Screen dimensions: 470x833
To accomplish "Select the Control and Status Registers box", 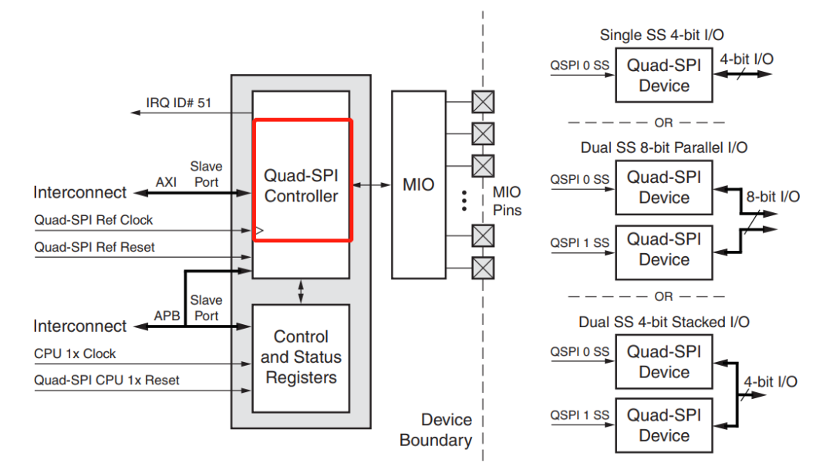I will coord(301,358).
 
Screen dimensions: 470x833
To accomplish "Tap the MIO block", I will coord(419,184).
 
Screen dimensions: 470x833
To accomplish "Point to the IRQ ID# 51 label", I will coord(178,103).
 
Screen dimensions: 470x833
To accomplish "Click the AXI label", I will coord(167,181).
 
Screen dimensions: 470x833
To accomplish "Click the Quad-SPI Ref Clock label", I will coord(93,220).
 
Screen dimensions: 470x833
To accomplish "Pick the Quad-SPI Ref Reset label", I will coord(94,248).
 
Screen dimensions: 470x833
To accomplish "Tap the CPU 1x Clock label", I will coord(75,353).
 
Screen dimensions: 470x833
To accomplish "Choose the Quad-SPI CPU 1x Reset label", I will coord(106,380).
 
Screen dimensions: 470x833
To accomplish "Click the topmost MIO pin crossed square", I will coord(483,102).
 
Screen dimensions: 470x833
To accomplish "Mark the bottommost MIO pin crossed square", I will coord(483,267).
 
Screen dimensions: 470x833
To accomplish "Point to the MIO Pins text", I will coord(507,201).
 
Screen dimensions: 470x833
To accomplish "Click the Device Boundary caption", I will coord(436,430).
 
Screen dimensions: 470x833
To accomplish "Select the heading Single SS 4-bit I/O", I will coord(662,35).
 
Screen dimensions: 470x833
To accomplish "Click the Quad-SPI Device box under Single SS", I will coord(663,76).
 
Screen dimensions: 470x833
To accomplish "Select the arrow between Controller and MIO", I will coord(371,184).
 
